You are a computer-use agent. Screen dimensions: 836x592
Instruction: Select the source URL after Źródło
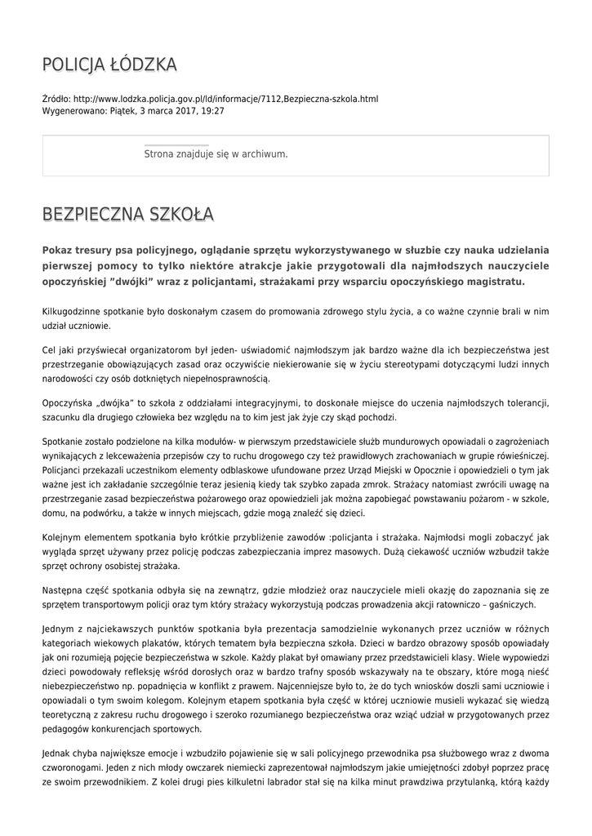(x=225, y=99)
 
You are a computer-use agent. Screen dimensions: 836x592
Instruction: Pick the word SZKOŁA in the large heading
(x=182, y=215)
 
